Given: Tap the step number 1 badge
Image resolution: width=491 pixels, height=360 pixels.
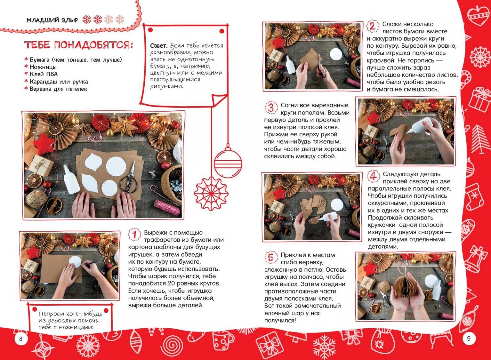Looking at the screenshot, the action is point(134,235).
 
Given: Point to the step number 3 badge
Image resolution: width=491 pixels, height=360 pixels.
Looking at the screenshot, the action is point(271,108).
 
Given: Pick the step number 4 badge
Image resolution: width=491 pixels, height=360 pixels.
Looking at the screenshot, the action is point(373,177).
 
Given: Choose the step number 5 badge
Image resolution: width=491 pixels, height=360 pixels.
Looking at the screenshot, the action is point(271,258).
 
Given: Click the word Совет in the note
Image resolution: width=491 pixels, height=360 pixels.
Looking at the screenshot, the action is point(159,46).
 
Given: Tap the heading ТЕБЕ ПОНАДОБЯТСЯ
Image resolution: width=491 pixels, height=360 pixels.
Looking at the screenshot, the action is point(79,45).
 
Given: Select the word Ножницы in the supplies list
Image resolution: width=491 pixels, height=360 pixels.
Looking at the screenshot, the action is point(43,67).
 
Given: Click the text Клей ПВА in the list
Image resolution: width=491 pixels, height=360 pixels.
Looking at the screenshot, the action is point(44,74).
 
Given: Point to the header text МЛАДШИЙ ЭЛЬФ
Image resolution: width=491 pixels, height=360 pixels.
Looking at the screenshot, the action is point(52,20).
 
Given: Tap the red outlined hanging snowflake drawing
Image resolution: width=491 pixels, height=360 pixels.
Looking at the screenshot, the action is point(211,193).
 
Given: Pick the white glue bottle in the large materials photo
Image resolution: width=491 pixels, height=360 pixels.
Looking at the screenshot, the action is point(71,179).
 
